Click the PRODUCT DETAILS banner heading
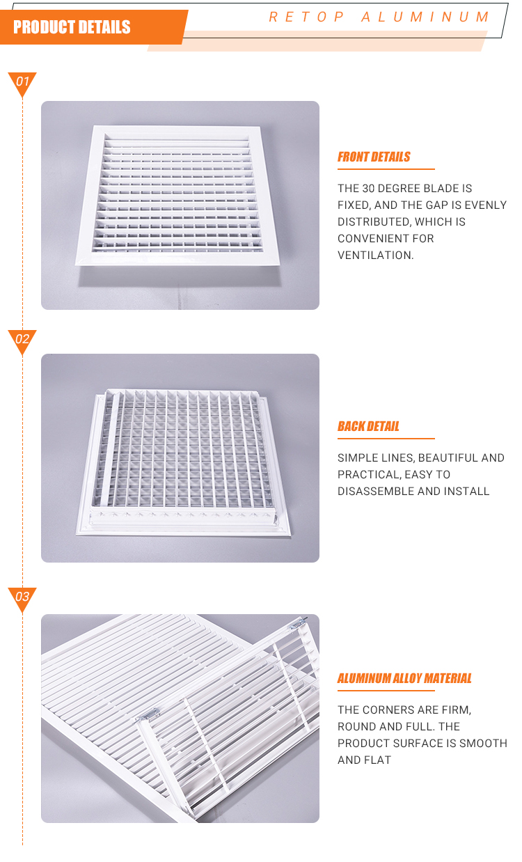(72, 27)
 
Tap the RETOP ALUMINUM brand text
(379, 17)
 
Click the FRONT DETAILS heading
(374, 157)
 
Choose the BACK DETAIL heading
(368, 426)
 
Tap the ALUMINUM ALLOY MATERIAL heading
(404, 678)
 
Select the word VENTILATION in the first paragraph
(375, 255)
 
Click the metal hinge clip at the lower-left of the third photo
(148, 715)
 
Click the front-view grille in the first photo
(178, 195)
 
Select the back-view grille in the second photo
(183, 462)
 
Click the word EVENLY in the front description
(485, 205)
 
